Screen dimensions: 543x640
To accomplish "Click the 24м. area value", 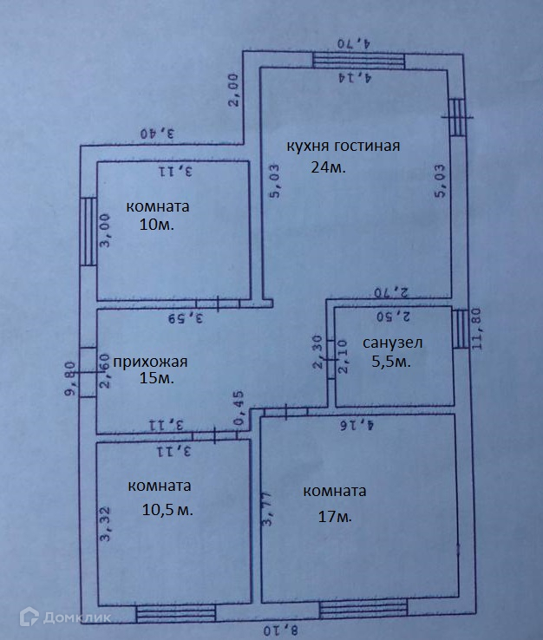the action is click(328, 168).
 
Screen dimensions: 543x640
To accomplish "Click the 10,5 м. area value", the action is click(167, 509).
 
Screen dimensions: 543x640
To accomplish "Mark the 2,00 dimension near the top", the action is click(234, 90).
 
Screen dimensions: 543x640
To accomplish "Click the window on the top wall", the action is click(358, 59).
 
